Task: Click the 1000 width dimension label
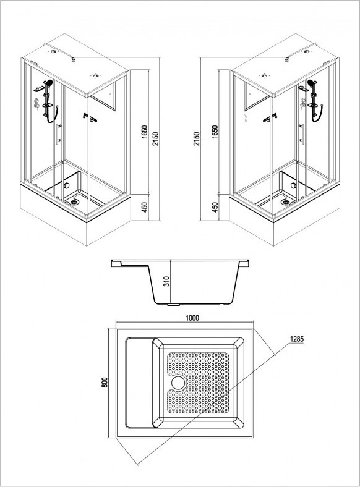192,318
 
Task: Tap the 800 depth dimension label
105,382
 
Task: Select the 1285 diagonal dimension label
296,339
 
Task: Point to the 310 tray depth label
166,281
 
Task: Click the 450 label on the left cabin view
145,208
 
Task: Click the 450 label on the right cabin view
215,208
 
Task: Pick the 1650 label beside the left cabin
145,132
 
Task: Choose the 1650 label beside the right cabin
215,132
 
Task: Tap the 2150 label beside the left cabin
155,139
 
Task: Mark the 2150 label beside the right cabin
197,139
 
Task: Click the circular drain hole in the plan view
178,383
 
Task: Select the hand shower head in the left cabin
48,83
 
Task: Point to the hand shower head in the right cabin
311,83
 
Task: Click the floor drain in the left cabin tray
74,202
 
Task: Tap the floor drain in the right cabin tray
285,202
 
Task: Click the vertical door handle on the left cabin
58,134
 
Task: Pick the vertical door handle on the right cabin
302,134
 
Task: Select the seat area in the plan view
139,383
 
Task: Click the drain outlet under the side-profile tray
173,305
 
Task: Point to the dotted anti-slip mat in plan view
198,383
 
